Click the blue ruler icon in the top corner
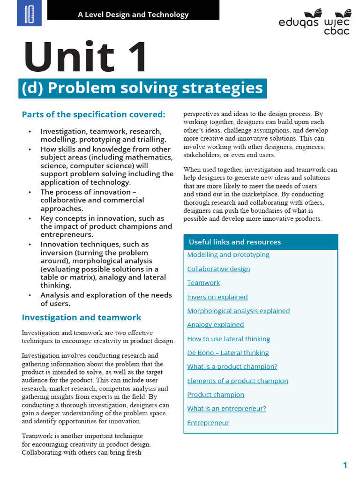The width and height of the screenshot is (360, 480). click(x=29, y=13)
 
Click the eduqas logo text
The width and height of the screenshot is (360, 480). click(x=299, y=22)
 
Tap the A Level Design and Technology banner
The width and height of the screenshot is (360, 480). click(x=133, y=14)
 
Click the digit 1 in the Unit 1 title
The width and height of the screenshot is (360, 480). click(x=134, y=57)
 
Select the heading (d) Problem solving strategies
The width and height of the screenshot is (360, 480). click(x=142, y=88)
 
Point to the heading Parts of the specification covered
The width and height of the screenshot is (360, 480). click(x=93, y=114)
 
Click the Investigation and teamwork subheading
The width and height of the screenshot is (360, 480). click(x=82, y=317)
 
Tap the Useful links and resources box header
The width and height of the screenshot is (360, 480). click(x=235, y=242)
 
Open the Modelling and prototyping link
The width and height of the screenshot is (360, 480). click(x=228, y=255)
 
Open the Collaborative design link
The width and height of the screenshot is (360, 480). click(x=218, y=269)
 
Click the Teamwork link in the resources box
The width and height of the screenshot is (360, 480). click(x=203, y=283)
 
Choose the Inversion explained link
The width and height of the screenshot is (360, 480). click(x=217, y=297)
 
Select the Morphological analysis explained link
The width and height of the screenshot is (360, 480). click(x=238, y=311)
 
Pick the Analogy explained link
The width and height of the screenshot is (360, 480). click(x=216, y=324)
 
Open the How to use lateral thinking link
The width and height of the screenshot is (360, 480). click(x=229, y=338)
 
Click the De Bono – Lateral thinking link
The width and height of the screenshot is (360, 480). click(x=228, y=352)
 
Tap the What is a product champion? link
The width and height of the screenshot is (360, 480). click(x=232, y=367)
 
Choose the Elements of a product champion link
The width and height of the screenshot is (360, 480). click(x=238, y=381)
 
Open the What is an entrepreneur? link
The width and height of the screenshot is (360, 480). click(x=226, y=408)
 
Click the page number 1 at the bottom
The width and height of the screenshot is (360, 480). click(x=345, y=465)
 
